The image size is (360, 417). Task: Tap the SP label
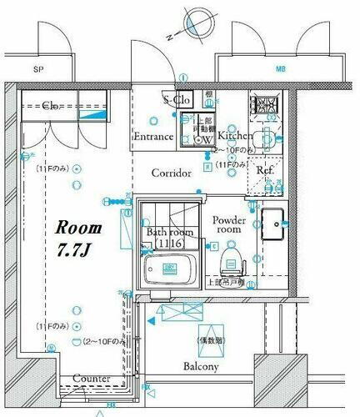[x=38, y=70]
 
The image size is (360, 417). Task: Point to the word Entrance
[x=153, y=136]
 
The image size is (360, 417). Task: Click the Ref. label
[x=265, y=170]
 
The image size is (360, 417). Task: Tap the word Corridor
[x=172, y=173]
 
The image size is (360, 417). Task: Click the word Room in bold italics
[x=79, y=227]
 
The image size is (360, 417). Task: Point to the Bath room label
[x=169, y=231]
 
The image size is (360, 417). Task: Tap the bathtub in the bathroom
[x=170, y=269]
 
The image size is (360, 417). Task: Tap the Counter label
[x=92, y=379]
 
